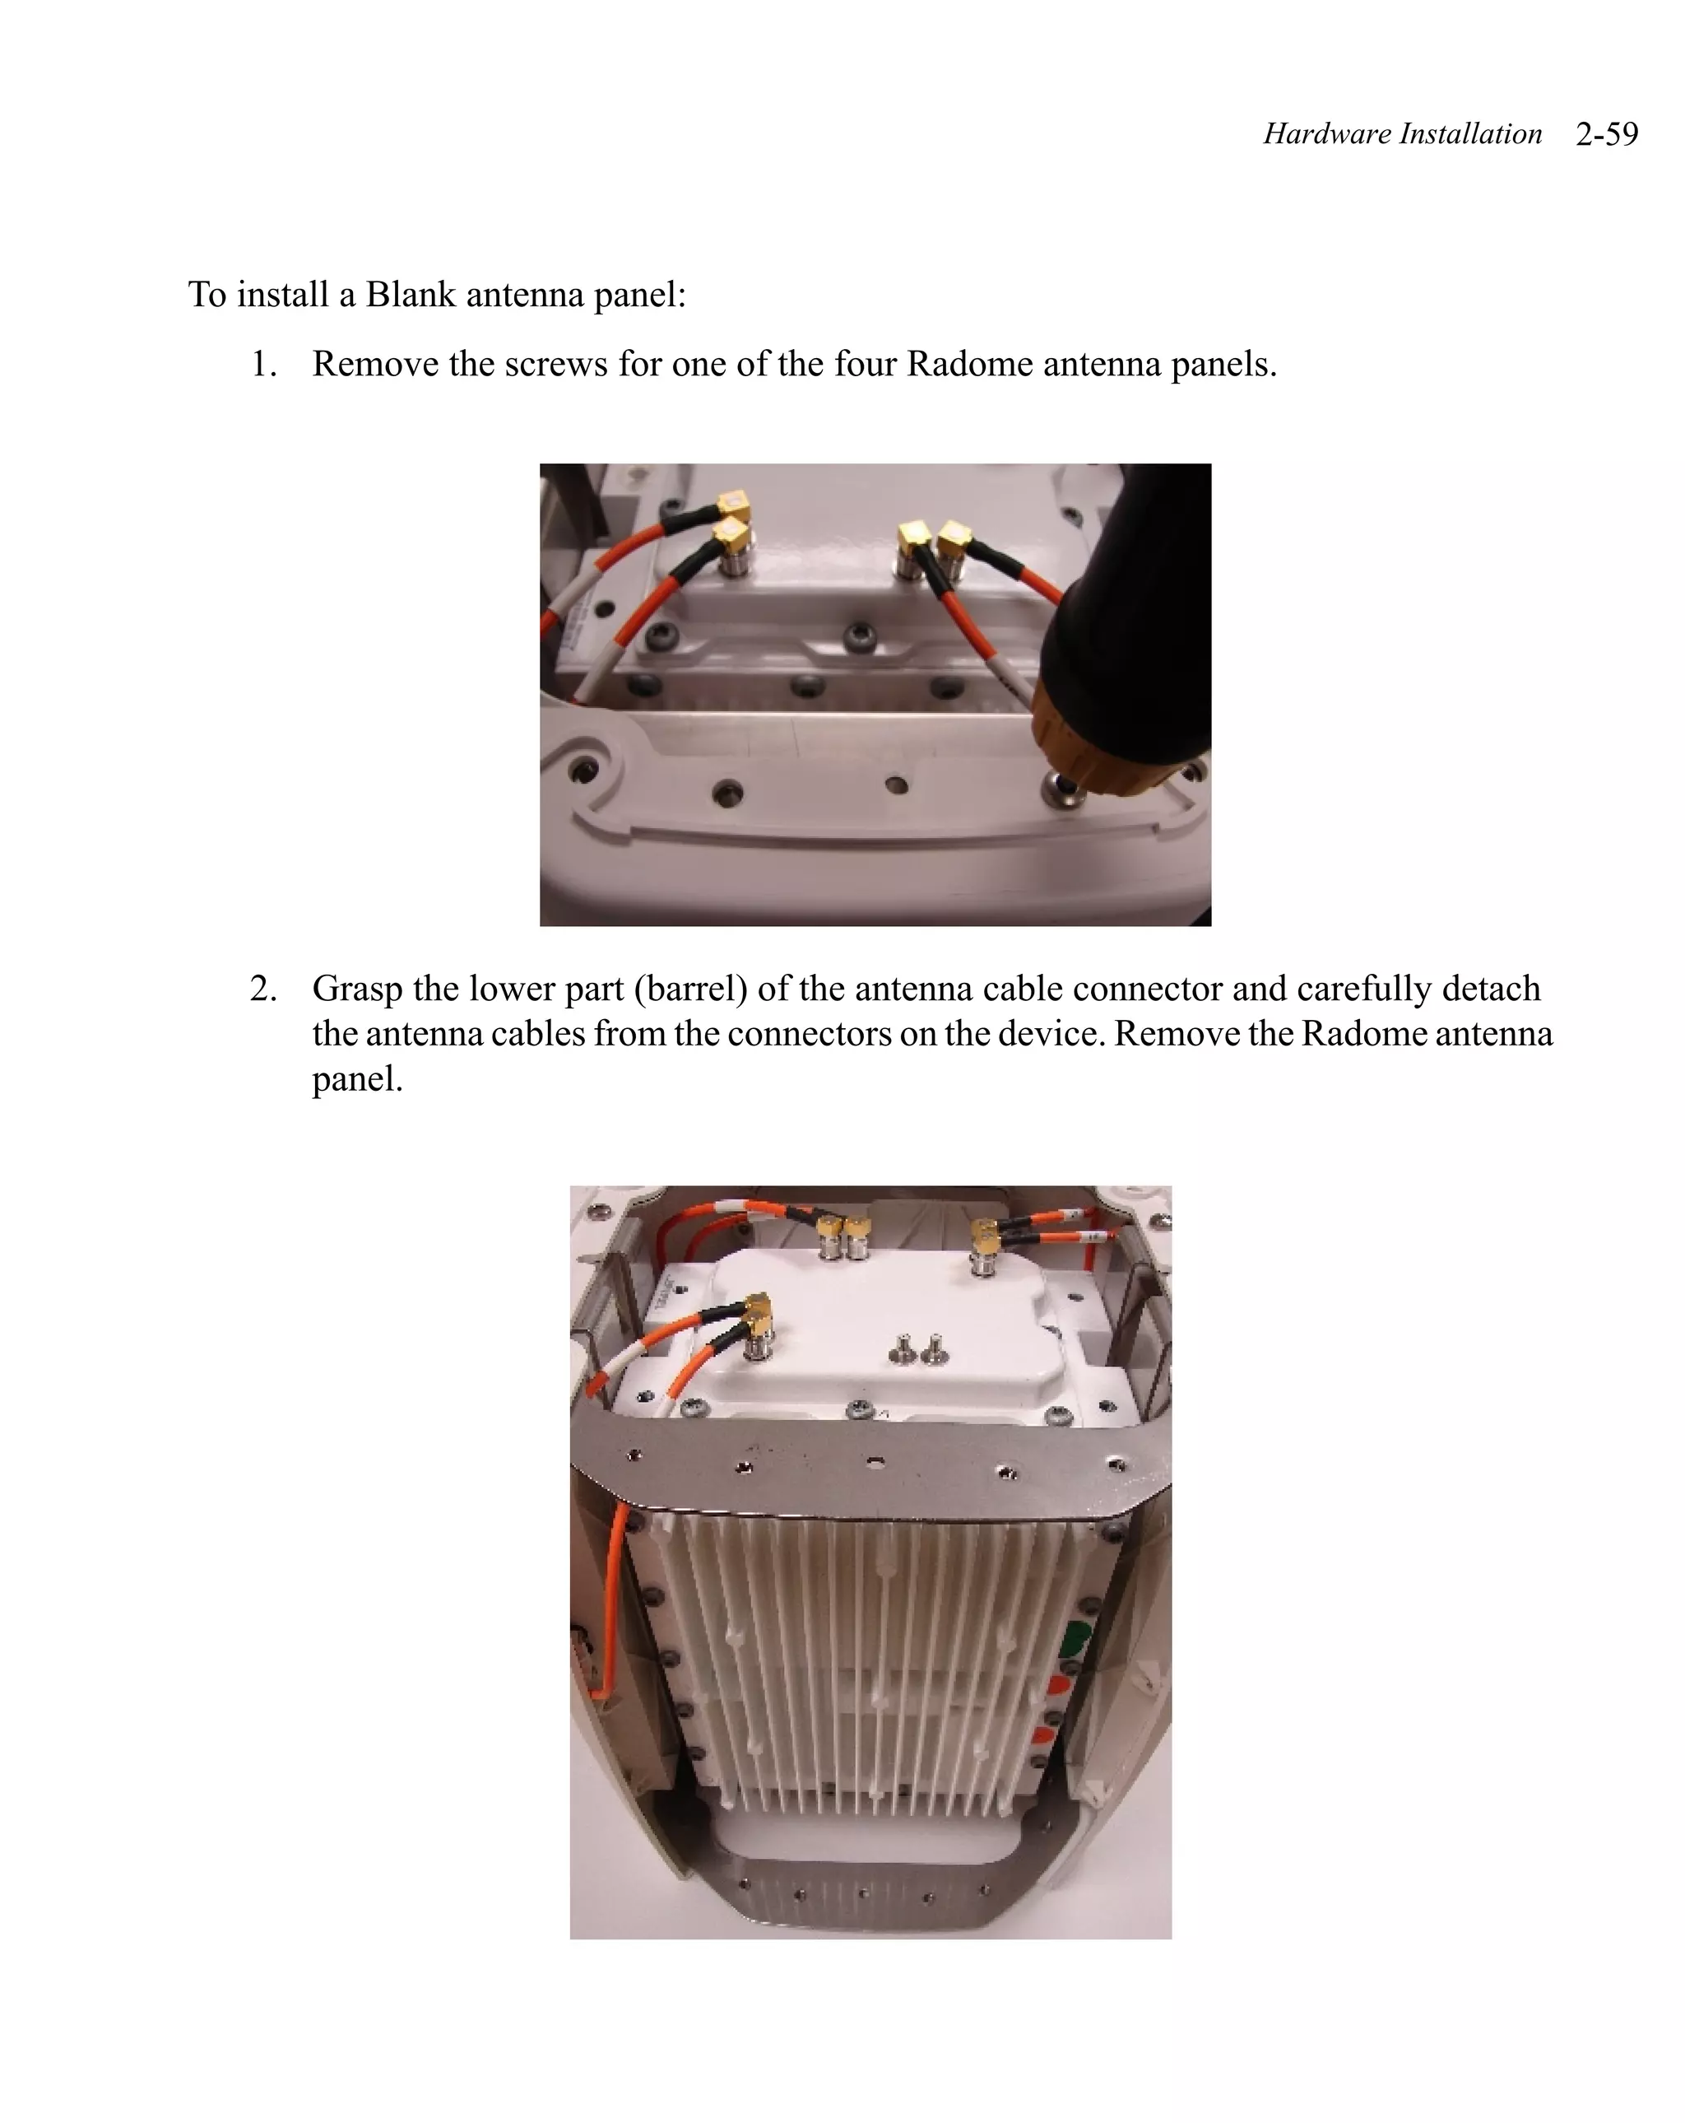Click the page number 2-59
coord(1605,134)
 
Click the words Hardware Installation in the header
coord(1401,134)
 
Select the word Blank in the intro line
coord(411,295)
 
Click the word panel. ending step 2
coord(357,1079)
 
